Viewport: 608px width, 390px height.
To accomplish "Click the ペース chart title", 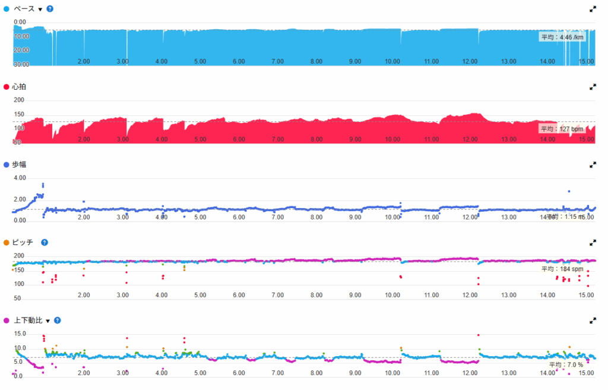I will pos(24,9).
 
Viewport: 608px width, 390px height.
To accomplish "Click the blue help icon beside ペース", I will pos(50,9).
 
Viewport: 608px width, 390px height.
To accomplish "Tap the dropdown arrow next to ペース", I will pos(40,10).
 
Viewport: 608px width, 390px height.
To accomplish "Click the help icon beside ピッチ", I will pos(45,243).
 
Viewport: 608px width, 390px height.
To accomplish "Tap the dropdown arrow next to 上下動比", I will pos(48,321).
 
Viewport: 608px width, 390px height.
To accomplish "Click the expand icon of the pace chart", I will pos(593,9).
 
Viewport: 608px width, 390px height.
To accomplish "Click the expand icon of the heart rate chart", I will pos(593,87).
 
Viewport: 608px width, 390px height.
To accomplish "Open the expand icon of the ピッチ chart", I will pos(593,243).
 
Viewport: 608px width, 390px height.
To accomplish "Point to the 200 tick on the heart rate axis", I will pos(19,100).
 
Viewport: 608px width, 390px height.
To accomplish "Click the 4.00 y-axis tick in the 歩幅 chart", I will pos(19,178).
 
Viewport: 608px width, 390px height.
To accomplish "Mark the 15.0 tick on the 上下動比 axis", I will pos(19,334).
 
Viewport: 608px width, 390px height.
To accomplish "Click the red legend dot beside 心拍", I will pos(7,87).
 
